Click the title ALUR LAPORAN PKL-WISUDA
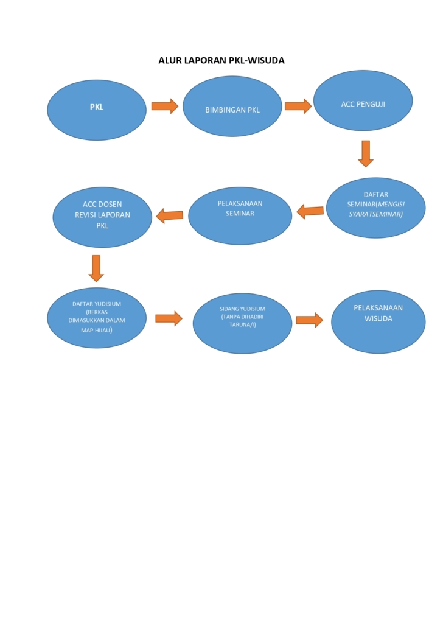point(221,60)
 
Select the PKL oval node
point(97,110)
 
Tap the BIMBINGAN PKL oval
point(232,107)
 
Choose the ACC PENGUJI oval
point(363,101)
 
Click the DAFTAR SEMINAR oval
point(376,208)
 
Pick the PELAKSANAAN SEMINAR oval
point(240,216)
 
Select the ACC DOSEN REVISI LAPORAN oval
point(102,217)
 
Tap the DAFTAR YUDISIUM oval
point(97,318)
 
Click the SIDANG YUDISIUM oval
point(243,323)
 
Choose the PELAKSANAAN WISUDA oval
point(378,322)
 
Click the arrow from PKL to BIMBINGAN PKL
point(165,106)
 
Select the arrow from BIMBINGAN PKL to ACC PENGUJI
point(298,106)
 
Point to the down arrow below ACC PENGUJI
point(366,153)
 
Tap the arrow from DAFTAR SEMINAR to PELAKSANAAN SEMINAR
point(310,211)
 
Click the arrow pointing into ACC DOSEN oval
point(170,215)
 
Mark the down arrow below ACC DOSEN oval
point(96,268)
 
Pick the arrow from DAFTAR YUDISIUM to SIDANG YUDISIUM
point(169,318)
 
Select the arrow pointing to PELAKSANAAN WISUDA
point(310,320)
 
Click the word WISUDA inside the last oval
point(378,319)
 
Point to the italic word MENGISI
point(391,204)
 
